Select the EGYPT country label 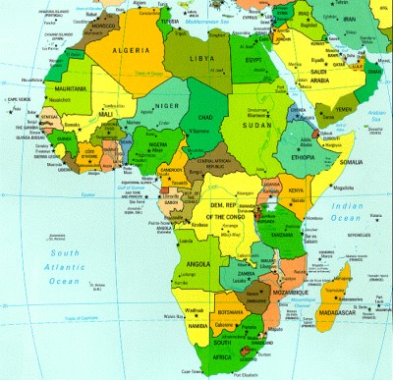tap(256, 59)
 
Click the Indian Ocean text tap(349, 211)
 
